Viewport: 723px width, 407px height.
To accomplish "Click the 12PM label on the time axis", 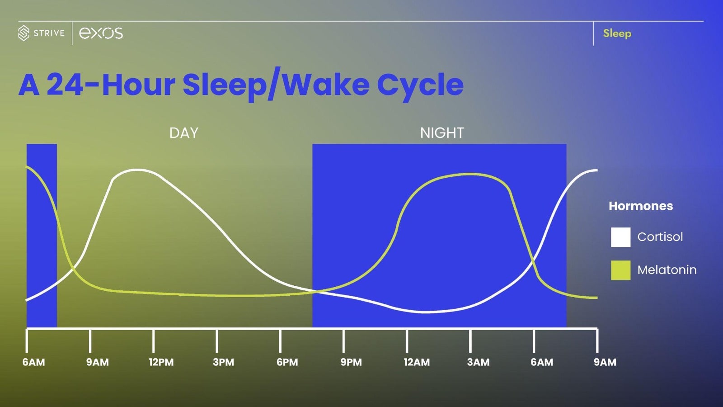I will click(x=161, y=362).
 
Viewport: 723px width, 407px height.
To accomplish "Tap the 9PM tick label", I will click(x=351, y=362).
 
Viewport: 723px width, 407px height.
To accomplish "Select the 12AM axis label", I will click(x=417, y=362).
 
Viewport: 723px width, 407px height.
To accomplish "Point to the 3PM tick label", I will click(x=224, y=362).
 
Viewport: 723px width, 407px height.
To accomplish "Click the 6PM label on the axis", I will click(x=287, y=362).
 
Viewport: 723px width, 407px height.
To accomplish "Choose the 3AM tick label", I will click(x=478, y=362).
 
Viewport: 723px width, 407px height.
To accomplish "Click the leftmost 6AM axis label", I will click(x=34, y=362).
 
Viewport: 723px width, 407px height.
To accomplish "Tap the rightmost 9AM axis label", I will click(x=605, y=362).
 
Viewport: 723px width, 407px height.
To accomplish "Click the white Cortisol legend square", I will click(x=620, y=237).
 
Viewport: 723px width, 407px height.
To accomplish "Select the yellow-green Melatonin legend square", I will click(x=620, y=270).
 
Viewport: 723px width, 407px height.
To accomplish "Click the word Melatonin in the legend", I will click(x=667, y=270).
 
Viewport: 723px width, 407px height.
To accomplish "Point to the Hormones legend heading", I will click(x=640, y=206).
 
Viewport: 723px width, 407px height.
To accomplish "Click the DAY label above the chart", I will click(x=184, y=133).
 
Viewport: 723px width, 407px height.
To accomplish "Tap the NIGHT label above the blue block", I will click(x=442, y=133).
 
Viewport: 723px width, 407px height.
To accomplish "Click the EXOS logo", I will click(x=101, y=33).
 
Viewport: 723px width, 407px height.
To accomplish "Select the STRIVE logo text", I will click(x=49, y=33).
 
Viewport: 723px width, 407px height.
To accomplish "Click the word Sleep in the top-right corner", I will click(x=617, y=33).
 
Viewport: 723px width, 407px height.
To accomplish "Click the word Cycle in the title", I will click(x=420, y=85).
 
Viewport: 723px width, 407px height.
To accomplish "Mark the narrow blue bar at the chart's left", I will click(x=42, y=235).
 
